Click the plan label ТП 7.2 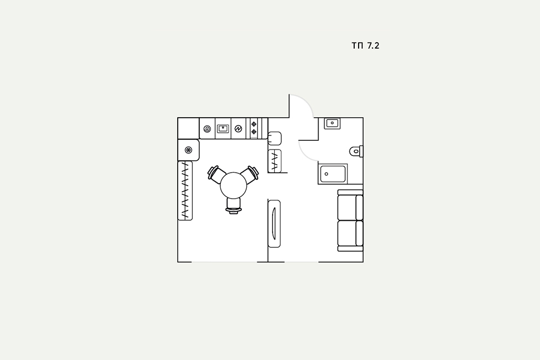366,45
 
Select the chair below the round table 234,206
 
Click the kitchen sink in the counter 223,128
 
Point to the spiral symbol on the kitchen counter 207,129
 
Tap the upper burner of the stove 254,124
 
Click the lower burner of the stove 254,132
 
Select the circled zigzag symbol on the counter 238,129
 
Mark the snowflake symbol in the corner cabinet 188,150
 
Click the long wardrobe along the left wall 185,191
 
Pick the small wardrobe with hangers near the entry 274,161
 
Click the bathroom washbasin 332,123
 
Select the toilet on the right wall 356,151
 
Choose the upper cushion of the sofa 350,208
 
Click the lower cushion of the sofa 350,233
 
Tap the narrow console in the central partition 274,223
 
